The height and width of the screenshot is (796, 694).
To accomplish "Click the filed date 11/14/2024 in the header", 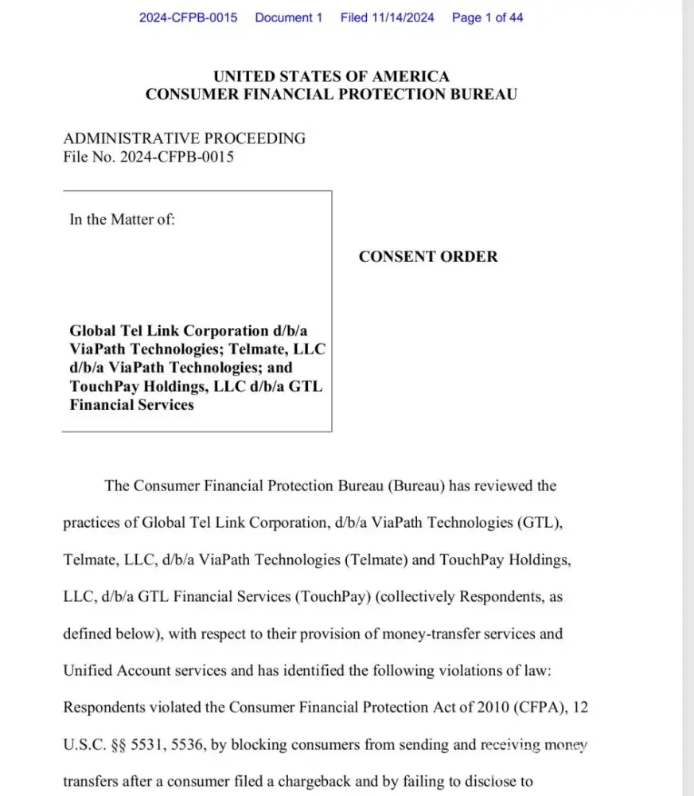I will click(404, 18).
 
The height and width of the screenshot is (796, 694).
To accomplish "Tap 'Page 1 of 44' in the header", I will click(487, 18).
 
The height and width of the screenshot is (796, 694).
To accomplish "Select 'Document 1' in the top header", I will click(289, 18).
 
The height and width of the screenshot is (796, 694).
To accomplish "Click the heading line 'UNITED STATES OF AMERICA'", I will click(331, 76).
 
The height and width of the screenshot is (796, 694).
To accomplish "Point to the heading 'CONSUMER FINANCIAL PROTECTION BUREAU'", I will click(331, 94).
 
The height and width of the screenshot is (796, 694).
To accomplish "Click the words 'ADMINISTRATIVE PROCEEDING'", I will click(184, 138).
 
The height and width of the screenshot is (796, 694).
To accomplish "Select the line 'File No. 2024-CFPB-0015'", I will click(148, 157).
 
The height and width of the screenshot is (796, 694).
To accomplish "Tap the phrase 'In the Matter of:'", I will click(122, 220).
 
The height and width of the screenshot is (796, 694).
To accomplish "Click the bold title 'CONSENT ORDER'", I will click(428, 256).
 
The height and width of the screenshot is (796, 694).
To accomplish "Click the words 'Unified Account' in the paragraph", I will click(113, 671).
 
